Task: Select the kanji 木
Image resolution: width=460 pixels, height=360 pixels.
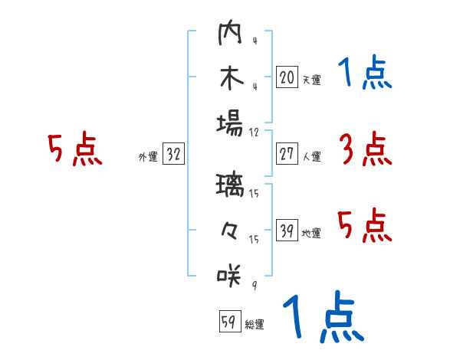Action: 230,79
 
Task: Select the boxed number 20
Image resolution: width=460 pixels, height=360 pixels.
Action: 287,77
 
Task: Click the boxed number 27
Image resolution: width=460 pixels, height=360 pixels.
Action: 287,154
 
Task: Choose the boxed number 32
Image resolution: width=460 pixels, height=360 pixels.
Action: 173,155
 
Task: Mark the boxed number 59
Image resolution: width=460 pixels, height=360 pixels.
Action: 228,322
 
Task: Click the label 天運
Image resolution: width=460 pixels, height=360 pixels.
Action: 311,80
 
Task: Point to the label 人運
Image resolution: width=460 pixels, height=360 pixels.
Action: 311,156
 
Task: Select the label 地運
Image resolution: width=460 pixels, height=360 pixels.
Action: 311,234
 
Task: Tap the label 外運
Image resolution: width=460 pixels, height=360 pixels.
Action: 148,157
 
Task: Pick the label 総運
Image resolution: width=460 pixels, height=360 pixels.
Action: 254,325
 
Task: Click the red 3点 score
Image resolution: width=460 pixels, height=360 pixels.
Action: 365,149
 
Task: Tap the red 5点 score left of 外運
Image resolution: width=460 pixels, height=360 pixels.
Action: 74,149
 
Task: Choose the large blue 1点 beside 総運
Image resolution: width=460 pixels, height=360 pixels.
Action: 322,318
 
